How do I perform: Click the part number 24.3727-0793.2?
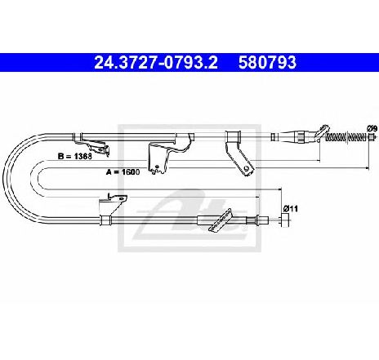[155, 62]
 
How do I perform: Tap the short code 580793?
[267, 62]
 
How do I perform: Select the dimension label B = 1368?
[75, 157]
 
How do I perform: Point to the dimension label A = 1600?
[123, 171]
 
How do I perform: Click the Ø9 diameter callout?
[372, 128]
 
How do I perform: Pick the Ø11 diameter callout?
[290, 209]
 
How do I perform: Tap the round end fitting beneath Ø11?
[285, 220]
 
